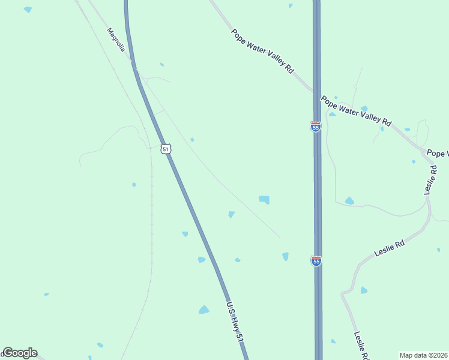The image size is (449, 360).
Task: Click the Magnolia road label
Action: (116, 40)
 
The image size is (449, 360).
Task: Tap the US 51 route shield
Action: (166, 148)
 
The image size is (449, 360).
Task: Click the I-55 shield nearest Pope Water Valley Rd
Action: (316, 127)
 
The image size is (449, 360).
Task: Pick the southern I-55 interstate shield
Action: (316, 260)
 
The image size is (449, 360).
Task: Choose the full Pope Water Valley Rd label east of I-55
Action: (356, 111)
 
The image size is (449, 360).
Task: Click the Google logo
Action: (20, 353)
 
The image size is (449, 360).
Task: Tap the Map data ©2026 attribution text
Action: (424, 355)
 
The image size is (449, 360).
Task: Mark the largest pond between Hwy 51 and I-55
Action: (264, 199)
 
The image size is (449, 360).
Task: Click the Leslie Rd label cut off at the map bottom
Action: (361, 344)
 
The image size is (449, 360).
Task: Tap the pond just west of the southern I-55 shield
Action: (286, 256)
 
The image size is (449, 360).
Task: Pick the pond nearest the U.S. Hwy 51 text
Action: (204, 310)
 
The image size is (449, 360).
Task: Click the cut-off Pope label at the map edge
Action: (439, 154)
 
